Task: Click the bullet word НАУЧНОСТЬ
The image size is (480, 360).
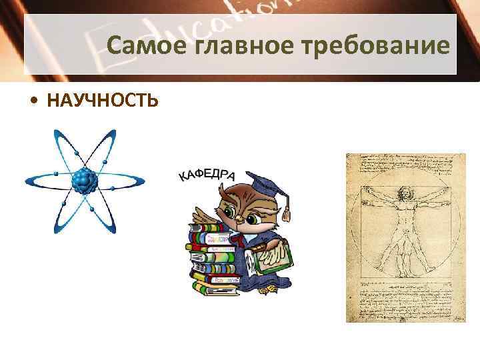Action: [103, 101]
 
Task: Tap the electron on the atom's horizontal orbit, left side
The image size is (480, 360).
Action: [57, 175]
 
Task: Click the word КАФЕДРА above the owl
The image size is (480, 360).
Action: [206, 175]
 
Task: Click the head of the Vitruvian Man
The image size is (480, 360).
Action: [404, 196]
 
